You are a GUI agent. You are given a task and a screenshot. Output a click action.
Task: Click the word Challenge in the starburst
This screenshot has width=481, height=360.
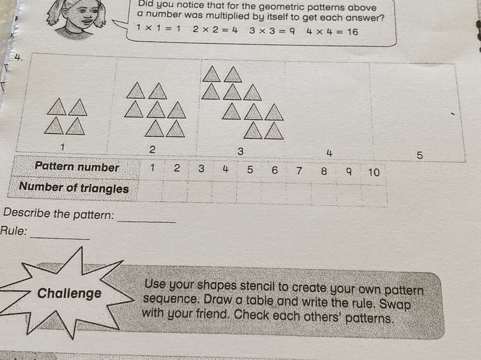(69, 293)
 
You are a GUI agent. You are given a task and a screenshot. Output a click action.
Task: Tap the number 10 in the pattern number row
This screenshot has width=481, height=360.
(374, 172)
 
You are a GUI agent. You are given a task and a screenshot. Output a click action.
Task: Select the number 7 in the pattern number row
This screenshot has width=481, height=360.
(299, 171)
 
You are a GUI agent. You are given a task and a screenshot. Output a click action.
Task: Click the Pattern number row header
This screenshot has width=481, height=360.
(77, 167)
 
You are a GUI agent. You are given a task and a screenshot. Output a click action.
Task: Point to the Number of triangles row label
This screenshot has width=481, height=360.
(74, 187)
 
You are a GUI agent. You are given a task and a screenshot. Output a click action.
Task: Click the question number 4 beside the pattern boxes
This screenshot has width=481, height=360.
(18, 57)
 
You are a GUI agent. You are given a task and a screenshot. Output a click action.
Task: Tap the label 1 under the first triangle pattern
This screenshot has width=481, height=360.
(62, 147)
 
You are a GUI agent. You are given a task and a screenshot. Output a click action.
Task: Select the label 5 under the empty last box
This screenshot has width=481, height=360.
(419, 155)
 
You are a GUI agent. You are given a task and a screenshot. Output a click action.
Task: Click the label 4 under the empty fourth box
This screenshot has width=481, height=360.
(329, 153)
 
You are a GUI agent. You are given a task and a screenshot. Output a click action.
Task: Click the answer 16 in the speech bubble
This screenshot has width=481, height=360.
(352, 32)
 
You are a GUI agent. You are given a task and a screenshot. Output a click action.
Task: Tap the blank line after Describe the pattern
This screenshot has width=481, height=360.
(146, 221)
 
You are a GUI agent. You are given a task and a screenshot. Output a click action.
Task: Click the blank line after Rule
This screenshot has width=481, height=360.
(60, 238)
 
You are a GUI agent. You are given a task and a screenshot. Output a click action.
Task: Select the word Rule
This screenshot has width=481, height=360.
(13, 230)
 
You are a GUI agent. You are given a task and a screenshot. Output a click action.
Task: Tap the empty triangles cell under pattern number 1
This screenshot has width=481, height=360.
(150, 190)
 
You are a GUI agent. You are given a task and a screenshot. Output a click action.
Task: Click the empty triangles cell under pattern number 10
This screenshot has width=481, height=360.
(374, 195)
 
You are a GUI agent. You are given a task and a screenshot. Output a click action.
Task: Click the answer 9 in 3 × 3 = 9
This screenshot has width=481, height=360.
(292, 31)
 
